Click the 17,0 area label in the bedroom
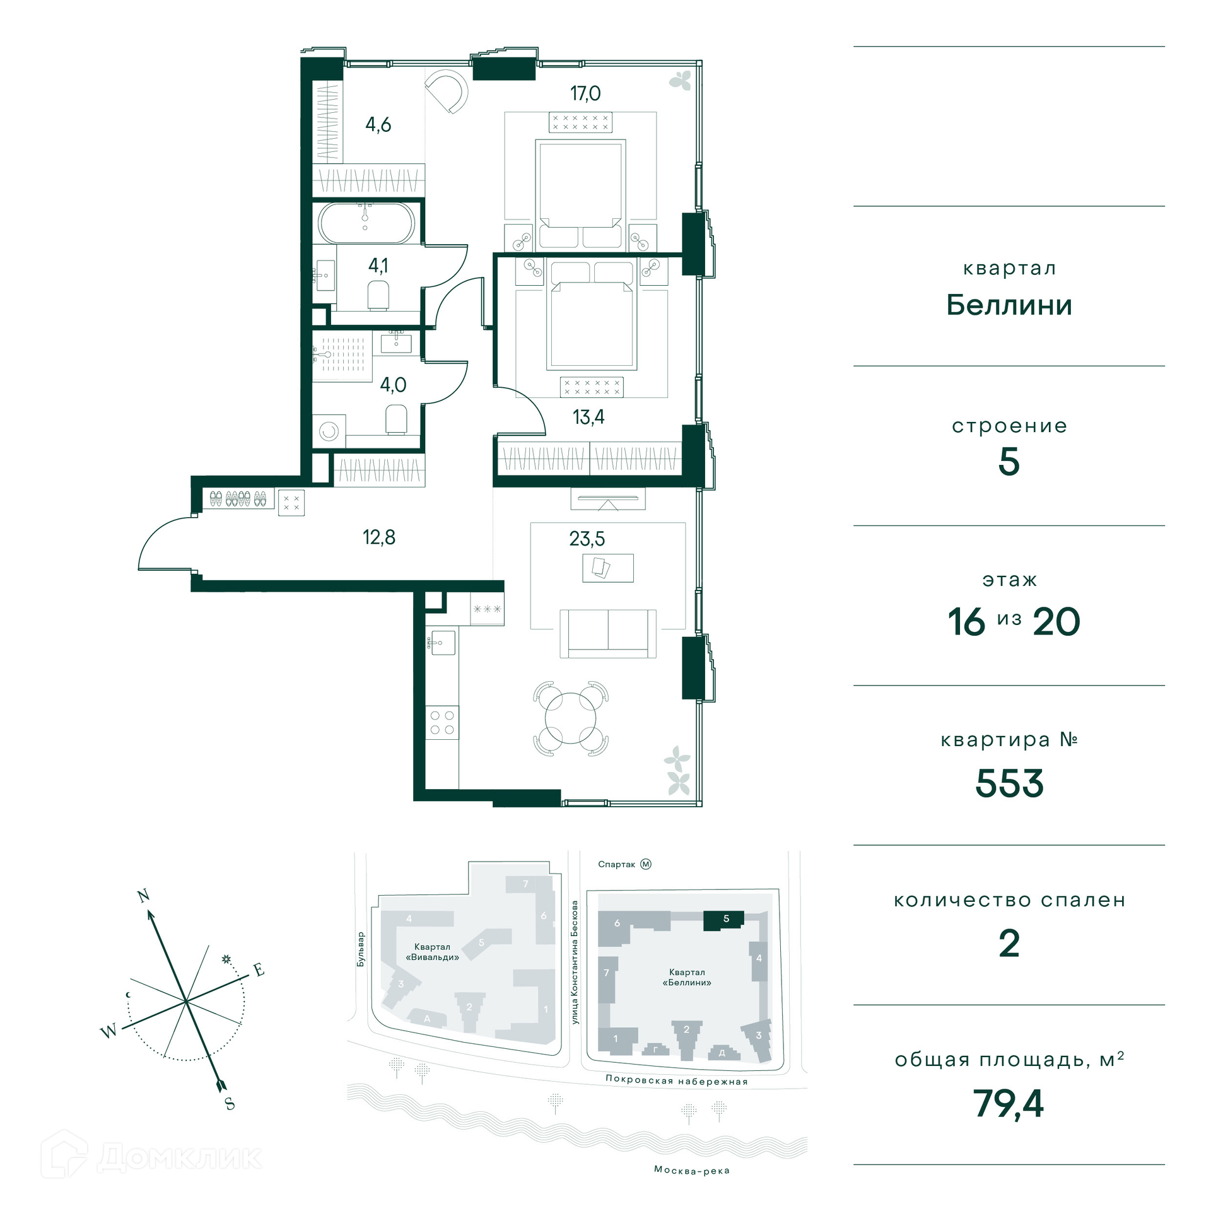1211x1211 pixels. point(585,93)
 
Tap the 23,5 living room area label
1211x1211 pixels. point(587,539)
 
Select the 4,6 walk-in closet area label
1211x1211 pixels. point(378,124)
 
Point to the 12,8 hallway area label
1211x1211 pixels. point(378,537)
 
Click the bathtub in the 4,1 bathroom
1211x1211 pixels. point(366,223)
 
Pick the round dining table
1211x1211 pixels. point(570,718)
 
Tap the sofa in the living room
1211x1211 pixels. point(608,633)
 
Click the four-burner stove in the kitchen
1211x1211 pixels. point(442,722)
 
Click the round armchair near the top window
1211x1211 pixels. point(447,91)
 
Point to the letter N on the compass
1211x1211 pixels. point(143,896)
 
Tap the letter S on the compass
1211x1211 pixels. point(230,1103)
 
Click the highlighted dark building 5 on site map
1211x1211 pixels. point(723,920)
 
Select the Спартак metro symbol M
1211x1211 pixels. point(645,864)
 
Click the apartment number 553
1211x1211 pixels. point(1009,783)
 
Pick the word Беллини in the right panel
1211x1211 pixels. point(1009,305)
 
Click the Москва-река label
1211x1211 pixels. point(691,1171)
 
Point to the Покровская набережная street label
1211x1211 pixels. point(676,1080)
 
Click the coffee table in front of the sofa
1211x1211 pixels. point(608,568)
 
